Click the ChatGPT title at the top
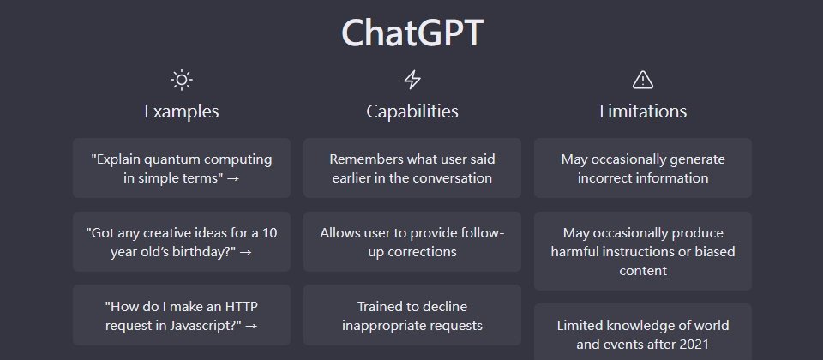coord(412,33)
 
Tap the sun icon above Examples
coord(182,80)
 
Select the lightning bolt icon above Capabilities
coord(412,80)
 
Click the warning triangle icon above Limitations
coord(642,80)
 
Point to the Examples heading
coord(182,111)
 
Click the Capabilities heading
coord(412,111)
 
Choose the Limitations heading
coord(643,111)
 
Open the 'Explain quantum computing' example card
coord(182,168)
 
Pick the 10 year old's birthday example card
coord(182,242)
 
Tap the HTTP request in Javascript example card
coord(182,315)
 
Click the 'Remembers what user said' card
coord(412,168)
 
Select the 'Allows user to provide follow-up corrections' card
coord(412,242)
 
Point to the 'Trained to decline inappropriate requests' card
coord(412,315)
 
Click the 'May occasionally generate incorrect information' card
coord(643,168)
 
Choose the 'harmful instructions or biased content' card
coord(643,251)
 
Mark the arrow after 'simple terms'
coord(233,178)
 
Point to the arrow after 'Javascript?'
coord(251,326)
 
